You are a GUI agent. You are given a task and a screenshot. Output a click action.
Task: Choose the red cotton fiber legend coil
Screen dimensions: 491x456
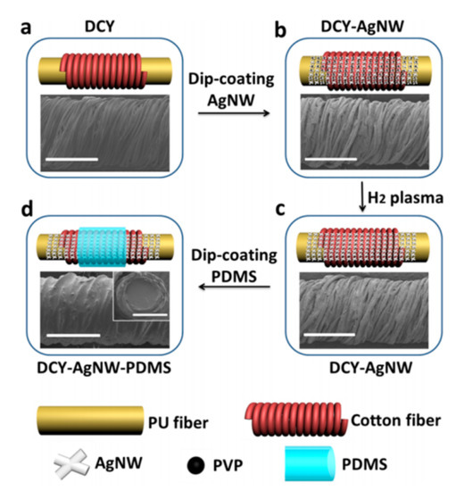(x=298, y=412)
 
